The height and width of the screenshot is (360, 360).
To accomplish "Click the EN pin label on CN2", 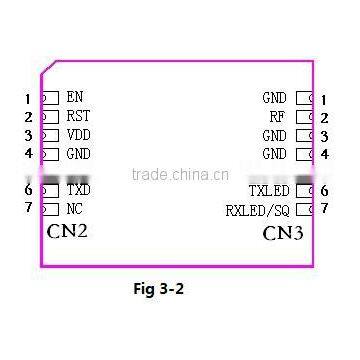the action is [x=75, y=98].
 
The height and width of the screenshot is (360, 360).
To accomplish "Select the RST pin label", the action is [x=78, y=116].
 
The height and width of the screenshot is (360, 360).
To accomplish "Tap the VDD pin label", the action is [x=78, y=135].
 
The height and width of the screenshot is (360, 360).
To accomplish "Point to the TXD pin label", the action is [x=78, y=190].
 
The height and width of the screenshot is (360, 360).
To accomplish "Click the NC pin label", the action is [x=75, y=208].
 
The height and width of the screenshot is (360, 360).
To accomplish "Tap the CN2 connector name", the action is [x=68, y=232].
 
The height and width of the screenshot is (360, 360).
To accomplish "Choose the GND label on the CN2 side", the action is [x=78, y=154].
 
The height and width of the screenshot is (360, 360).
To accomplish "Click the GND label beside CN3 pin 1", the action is [x=274, y=98].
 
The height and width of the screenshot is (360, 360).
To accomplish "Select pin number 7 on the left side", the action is [x=29, y=208].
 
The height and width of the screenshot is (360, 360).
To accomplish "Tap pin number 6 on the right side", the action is [x=325, y=190].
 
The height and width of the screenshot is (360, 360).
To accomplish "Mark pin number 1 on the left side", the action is [x=29, y=99].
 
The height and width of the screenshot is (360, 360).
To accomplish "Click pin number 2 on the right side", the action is [x=325, y=117].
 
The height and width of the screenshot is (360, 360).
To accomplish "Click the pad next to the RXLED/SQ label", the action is [x=305, y=209].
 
